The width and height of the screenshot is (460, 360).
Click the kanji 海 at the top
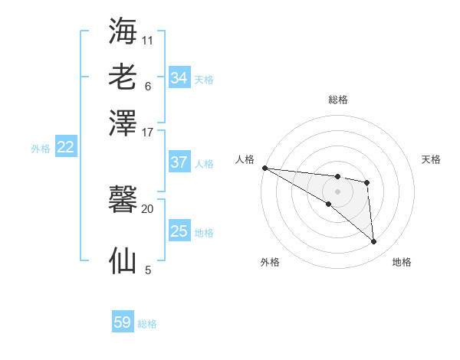pyautogui.click(x=123, y=31)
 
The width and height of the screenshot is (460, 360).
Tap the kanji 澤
pyautogui.click(x=123, y=123)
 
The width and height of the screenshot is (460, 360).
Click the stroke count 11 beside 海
pyautogui.click(x=148, y=40)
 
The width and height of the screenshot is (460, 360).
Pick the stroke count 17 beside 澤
pyautogui.click(x=148, y=132)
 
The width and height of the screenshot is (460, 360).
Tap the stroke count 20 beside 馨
pyautogui.click(x=148, y=208)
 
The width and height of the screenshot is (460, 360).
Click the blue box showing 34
pyautogui.click(x=179, y=78)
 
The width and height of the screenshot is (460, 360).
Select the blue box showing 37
pyautogui.click(x=179, y=162)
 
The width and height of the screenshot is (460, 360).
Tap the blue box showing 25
pyautogui.click(x=179, y=231)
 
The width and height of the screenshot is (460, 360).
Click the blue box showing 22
pyautogui.click(x=65, y=147)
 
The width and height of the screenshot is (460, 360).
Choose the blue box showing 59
pyautogui.click(x=123, y=322)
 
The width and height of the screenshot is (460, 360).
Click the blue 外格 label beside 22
pyautogui.click(x=41, y=149)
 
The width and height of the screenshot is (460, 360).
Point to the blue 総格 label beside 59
pyautogui.click(x=147, y=324)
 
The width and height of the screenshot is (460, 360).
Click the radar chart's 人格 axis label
pyautogui.click(x=245, y=159)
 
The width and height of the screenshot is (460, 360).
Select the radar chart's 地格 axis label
pyautogui.click(x=402, y=262)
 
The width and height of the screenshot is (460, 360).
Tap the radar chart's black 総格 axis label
pyautogui.click(x=337, y=100)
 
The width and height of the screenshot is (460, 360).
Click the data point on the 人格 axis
pyautogui.click(x=264, y=168)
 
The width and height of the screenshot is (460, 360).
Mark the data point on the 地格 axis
pyautogui.click(x=373, y=242)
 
